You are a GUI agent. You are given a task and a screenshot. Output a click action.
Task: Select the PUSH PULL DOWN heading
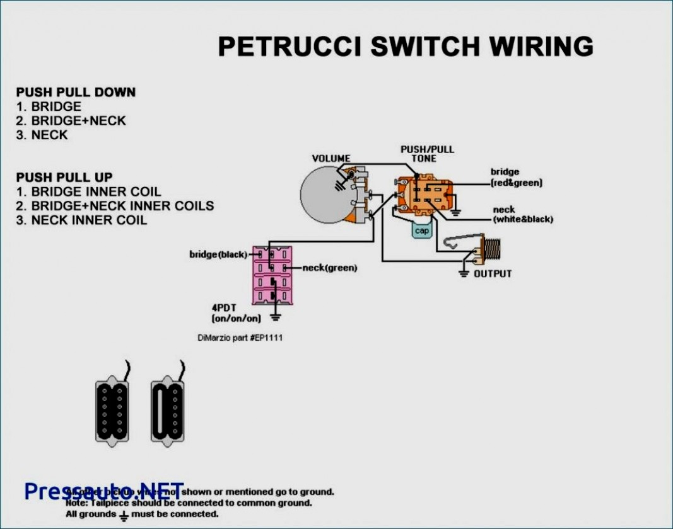coord(76,93)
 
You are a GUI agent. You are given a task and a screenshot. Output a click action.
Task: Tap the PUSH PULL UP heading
coord(64,178)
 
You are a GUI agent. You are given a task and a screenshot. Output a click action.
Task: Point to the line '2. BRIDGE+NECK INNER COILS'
coord(115,206)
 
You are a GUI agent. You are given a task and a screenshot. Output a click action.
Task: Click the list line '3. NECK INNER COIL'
coord(81,220)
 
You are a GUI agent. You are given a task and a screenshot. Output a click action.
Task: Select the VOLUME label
coord(331,158)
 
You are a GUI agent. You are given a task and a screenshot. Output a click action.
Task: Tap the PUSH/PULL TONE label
coord(427,154)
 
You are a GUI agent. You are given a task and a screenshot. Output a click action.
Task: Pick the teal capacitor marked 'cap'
coord(422,230)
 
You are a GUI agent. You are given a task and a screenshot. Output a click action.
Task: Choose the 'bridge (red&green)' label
coord(516,177)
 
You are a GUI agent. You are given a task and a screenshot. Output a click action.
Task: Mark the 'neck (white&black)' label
coord(522,214)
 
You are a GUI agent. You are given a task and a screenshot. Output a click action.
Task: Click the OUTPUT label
coord(493,274)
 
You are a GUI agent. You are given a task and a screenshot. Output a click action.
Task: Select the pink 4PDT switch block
coord(272,275)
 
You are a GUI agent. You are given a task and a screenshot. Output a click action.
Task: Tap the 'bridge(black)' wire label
coord(218,254)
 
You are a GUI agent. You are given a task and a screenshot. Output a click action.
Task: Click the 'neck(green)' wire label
coord(329,268)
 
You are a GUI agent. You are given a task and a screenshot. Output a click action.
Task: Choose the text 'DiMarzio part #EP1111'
coord(240,338)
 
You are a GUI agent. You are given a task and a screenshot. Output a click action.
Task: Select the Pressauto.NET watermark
coord(104,491)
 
